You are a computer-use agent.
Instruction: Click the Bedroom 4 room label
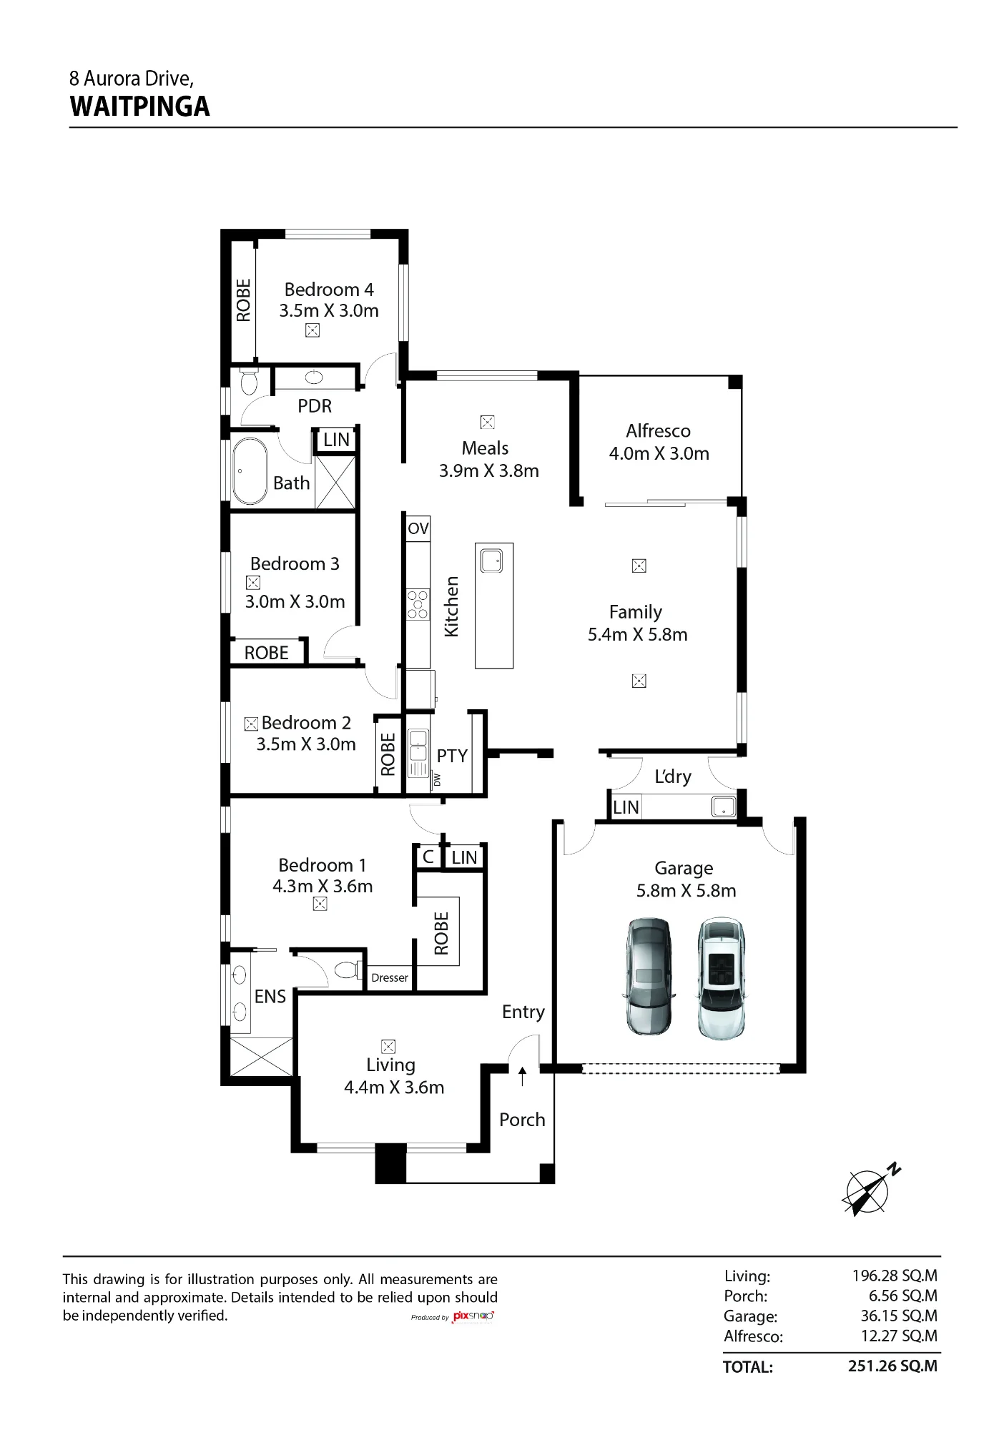coord(329,290)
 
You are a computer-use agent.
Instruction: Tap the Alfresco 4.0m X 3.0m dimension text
coord(659,453)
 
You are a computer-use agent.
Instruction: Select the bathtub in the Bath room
coord(250,471)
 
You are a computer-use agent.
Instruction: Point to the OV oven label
coord(418,528)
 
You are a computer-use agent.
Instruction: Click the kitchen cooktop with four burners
coord(418,604)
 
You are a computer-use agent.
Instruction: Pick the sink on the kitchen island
coord(492,561)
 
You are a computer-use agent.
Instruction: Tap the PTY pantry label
coord(452,756)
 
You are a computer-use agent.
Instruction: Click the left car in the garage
coord(649,977)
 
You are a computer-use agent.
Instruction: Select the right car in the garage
coord(722,978)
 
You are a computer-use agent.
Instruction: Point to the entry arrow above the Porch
coord(522,1076)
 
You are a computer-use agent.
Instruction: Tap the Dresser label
coord(390,977)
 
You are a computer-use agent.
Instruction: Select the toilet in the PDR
coord(249,381)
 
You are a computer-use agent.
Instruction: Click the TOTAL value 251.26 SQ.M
coord(892,1366)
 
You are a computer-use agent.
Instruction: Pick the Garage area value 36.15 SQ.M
coord(899,1316)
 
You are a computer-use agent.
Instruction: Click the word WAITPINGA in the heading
coord(140,107)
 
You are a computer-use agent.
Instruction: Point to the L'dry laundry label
coord(673,776)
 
